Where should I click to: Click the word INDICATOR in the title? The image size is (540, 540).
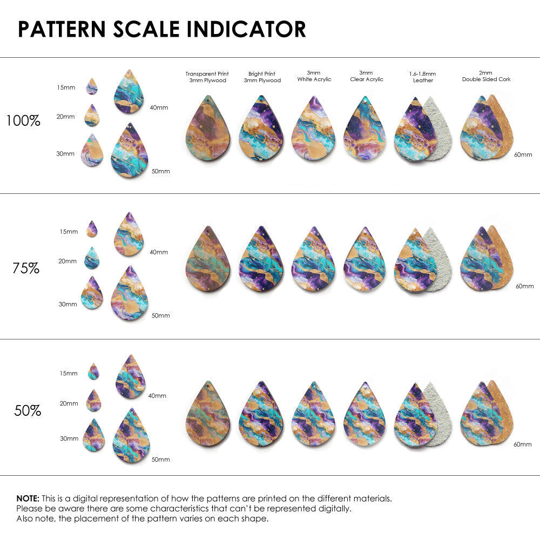246,29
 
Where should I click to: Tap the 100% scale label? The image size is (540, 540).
23,121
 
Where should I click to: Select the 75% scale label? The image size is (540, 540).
26,268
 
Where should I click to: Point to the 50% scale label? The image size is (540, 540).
28,410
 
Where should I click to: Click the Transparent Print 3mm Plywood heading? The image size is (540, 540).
207,77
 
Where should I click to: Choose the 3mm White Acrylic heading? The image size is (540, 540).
314,76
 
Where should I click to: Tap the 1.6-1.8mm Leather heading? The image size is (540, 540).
423,77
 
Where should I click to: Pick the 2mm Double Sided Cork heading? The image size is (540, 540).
486,76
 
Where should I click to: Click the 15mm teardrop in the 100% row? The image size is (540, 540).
92,86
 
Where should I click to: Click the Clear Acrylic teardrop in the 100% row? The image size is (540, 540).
365,129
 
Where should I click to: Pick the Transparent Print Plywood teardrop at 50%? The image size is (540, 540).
208,414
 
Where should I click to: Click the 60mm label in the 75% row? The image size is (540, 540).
524,286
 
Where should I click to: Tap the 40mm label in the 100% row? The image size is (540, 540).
159,108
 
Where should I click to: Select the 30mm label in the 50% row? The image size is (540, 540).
69,438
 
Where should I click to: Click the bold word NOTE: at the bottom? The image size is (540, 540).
28,498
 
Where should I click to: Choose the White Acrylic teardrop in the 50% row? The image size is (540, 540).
313,414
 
